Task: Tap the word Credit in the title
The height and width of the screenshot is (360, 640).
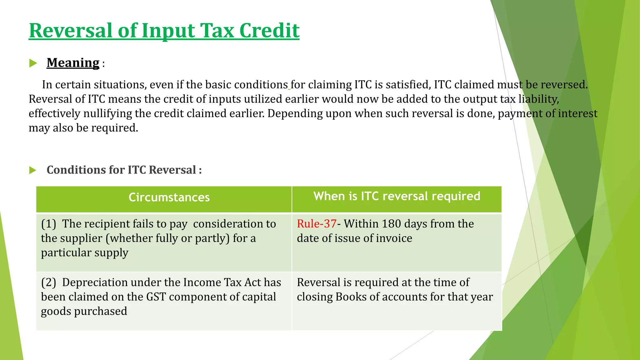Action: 269,31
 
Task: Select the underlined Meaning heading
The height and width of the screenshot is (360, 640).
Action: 73,63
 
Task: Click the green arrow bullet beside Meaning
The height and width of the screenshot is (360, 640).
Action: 33,63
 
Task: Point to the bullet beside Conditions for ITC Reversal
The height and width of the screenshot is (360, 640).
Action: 33,170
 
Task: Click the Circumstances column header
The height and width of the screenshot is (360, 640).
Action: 169,197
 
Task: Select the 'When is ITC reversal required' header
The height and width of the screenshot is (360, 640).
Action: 397,196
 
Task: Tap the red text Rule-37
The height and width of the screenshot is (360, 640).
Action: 316,224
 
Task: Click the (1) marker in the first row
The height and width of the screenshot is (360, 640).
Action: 48,224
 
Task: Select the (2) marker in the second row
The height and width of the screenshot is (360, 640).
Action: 48,282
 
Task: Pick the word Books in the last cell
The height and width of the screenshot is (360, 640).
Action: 351,297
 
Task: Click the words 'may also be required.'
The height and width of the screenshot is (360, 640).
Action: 83,128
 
